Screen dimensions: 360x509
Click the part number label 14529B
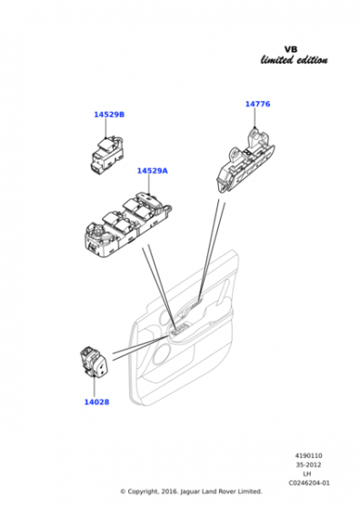109,115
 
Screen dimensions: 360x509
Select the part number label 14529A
152,171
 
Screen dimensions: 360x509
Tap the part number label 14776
257,104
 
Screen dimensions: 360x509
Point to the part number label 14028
96,402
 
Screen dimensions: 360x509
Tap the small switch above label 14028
95,362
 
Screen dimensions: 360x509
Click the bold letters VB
291,49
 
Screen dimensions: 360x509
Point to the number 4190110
308,455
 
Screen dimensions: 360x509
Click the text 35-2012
308,464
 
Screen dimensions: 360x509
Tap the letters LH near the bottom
306,474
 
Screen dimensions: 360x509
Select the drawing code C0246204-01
309,483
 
